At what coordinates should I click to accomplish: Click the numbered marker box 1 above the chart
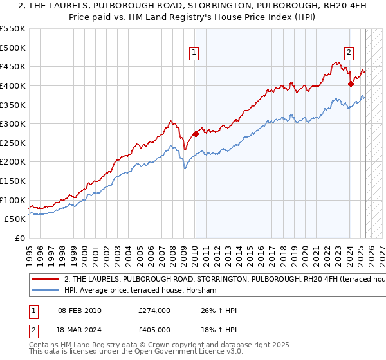(194, 54)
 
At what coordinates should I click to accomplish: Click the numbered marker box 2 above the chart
(349, 54)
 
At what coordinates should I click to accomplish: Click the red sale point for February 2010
(196, 134)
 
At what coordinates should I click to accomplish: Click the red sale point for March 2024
(351, 84)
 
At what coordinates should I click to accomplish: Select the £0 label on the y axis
(20, 238)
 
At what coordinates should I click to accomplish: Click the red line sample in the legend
(44, 280)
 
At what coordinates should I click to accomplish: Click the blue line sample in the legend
(44, 291)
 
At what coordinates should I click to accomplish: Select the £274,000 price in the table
(154, 310)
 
